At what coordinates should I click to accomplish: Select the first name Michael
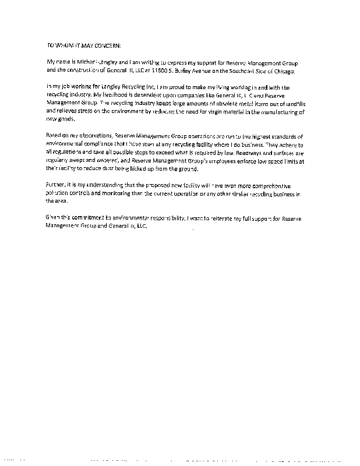(x=87, y=61)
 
